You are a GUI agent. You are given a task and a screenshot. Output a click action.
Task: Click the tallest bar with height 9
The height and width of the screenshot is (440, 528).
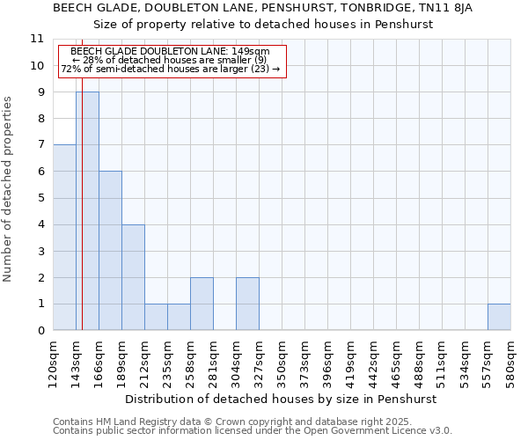(87, 211)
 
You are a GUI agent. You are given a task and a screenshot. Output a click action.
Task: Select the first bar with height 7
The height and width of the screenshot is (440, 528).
(64, 238)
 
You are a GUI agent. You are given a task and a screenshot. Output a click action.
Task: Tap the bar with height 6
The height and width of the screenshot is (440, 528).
(110, 251)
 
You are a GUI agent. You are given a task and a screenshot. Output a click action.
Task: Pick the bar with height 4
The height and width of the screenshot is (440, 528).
(133, 277)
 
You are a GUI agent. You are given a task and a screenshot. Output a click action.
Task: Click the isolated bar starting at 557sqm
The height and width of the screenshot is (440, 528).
(499, 317)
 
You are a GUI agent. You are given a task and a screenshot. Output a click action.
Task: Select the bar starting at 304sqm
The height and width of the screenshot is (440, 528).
(247, 304)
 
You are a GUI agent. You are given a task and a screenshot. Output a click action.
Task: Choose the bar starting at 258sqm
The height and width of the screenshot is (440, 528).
(202, 304)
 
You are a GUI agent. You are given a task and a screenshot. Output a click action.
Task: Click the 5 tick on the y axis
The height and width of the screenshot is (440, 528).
(39, 198)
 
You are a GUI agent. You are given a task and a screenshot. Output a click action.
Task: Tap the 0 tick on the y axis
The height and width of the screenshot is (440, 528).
(39, 331)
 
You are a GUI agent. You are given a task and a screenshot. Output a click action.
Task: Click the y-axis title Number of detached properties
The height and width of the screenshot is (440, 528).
(9, 189)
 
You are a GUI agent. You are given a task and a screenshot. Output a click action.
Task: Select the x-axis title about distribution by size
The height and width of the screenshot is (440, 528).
(282, 399)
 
